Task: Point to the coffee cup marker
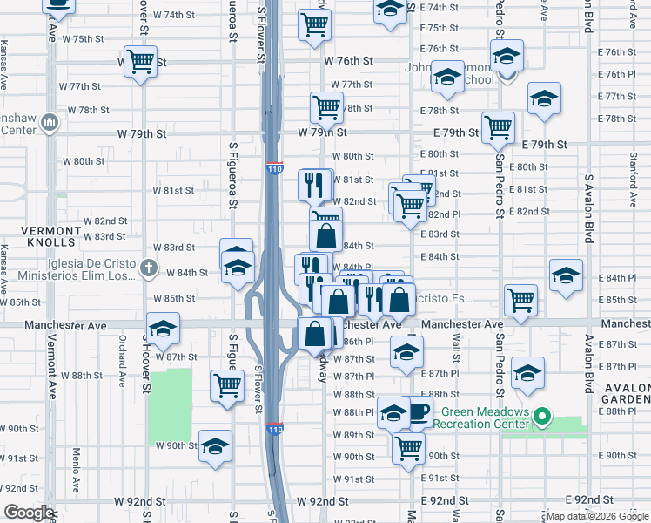click(418, 411)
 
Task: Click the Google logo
click(29, 513)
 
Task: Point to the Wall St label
click(455, 347)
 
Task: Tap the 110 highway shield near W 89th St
click(274, 429)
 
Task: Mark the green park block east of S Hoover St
click(169, 404)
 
